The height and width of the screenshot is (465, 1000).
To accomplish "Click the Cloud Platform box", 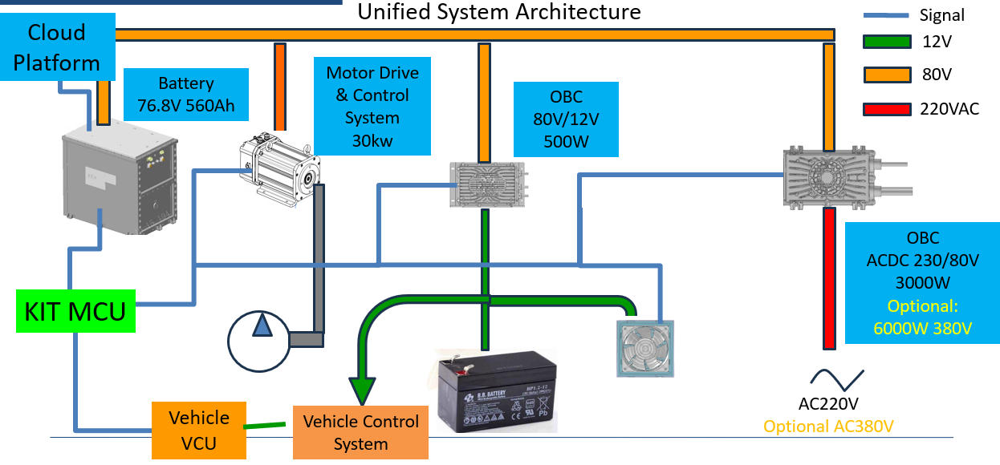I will pos(56,47).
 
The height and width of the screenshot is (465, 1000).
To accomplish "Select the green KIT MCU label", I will pos(76,310).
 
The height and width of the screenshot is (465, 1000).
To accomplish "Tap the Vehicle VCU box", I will pos(198,430).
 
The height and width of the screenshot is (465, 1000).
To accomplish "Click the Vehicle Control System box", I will pos(360,432).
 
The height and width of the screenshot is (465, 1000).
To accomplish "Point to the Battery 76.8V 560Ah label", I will pos(186,95).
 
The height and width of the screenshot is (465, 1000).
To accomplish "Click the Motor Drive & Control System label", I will pos(372,106).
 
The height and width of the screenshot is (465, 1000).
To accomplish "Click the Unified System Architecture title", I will pos(498,12).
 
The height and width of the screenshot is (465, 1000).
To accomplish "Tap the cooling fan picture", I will pos(645,348).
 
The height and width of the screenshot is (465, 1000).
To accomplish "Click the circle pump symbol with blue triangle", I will pos(260,342).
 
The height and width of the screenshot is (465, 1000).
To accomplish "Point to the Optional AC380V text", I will pos(828,426).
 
